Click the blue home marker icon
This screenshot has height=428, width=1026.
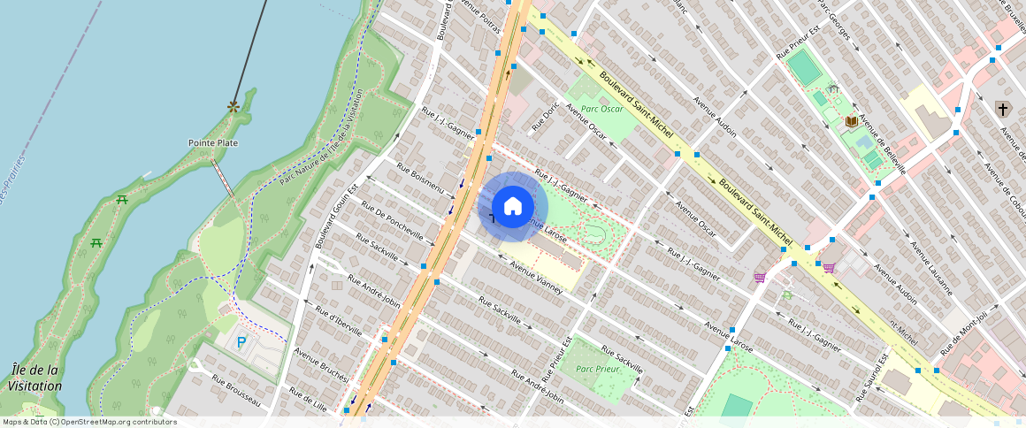(513, 207)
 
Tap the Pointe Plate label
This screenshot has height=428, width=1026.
(213, 142)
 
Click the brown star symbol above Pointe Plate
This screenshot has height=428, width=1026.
(234, 106)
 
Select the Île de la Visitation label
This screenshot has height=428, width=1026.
(35, 378)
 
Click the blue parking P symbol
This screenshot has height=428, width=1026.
(242, 342)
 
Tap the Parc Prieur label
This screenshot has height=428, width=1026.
(597, 369)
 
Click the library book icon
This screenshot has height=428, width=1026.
(851, 121)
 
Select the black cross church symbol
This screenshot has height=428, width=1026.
(1002, 109)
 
